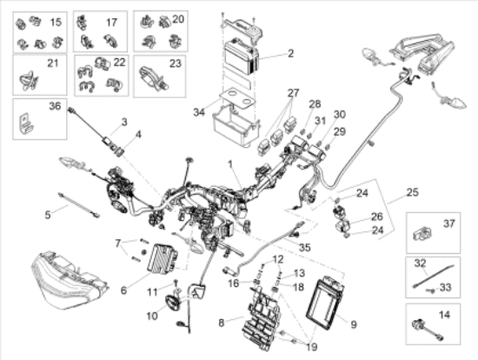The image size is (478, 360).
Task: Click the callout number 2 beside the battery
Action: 290,53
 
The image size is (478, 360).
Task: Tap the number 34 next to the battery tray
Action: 199,112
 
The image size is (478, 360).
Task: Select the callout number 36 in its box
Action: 55,106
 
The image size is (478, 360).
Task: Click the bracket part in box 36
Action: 25,123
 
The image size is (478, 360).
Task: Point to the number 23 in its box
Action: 176,63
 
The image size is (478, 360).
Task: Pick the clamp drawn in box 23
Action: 153,78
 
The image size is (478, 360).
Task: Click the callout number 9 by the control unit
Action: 354,324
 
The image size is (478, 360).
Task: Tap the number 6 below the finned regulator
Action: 123,290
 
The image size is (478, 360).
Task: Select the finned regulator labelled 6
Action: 163,258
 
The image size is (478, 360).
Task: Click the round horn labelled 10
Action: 173,302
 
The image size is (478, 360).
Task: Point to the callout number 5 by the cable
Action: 48,215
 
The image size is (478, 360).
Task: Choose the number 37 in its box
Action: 449,223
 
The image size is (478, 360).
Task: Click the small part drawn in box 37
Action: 422,234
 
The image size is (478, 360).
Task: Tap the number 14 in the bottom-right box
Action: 444,315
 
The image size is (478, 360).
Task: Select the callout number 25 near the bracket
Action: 413,192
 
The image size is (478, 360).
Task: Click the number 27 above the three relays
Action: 293,93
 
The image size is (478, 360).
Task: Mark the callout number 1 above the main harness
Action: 230,164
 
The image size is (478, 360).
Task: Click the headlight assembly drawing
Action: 69,280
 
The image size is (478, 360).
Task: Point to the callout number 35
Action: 304,247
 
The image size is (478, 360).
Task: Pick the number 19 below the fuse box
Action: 311,347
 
